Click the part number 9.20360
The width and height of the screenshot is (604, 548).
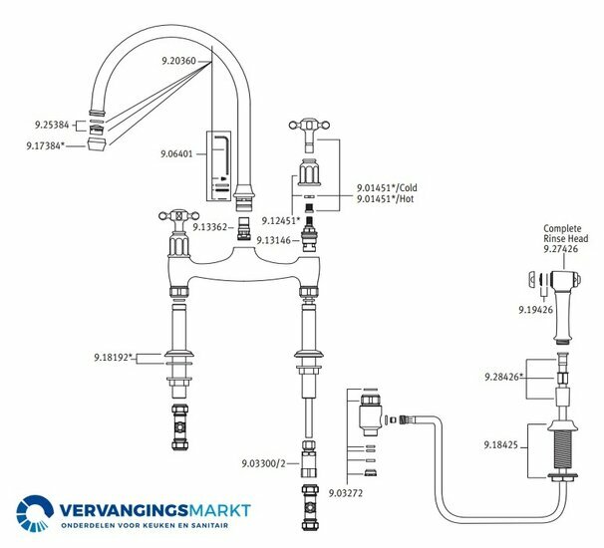(180, 61)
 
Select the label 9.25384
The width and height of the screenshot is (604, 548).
(47, 127)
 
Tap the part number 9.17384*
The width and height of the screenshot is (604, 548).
(46, 145)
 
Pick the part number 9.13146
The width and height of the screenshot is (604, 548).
(274, 240)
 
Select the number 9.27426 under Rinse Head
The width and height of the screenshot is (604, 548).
(562, 250)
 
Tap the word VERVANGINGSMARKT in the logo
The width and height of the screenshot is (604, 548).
(154, 511)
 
